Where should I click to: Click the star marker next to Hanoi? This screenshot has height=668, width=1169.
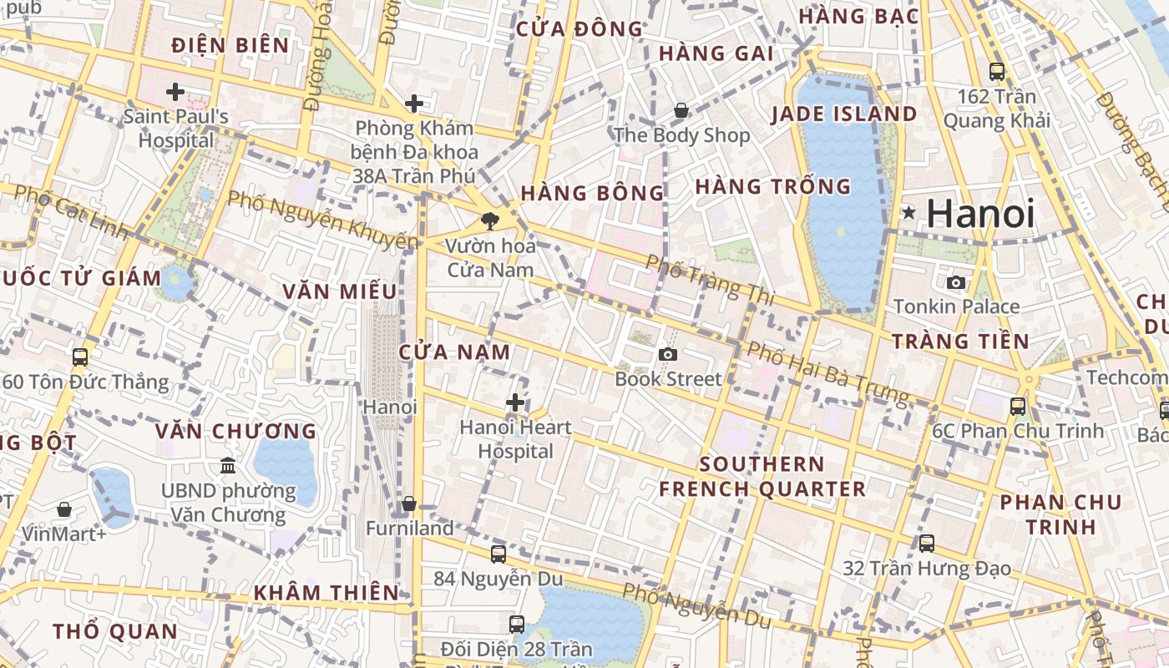(908, 214)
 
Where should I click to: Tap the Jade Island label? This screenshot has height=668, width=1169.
(843, 114)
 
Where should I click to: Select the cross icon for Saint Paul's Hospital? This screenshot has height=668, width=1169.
(175, 91)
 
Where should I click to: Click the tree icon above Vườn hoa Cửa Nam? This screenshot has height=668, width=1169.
(490, 220)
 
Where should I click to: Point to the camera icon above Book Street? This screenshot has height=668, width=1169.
(667, 354)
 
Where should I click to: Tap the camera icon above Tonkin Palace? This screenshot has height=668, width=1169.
(956, 282)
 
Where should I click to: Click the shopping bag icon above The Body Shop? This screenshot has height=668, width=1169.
(681, 110)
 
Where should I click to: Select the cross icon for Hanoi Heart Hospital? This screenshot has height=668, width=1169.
(515, 402)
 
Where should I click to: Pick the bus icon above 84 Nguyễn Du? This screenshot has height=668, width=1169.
(498, 553)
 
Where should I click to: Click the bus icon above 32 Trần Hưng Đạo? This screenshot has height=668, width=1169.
(926, 544)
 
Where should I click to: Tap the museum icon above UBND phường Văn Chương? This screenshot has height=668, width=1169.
(227, 465)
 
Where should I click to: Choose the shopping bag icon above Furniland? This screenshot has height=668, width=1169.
(409, 504)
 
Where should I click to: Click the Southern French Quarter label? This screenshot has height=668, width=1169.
(762, 477)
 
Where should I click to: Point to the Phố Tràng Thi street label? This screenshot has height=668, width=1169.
(711, 279)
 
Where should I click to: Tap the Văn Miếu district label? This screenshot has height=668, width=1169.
(339, 291)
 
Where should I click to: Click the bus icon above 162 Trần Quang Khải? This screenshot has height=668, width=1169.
(996, 72)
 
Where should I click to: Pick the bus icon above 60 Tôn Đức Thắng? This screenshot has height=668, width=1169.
(80, 357)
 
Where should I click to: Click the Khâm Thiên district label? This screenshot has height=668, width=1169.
(326, 592)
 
